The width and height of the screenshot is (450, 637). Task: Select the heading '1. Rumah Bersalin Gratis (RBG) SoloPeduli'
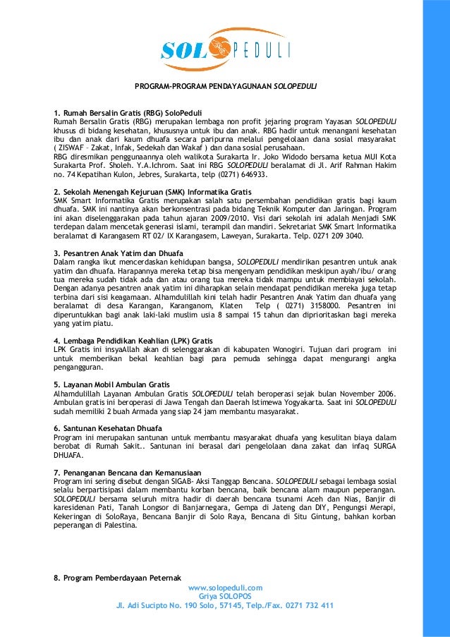pyautogui.click(x=128, y=112)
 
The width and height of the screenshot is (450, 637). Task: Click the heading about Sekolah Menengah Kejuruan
pyautogui.click(x=153, y=191)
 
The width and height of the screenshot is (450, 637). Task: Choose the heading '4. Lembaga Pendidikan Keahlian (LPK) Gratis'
pyautogui.click(x=133, y=340)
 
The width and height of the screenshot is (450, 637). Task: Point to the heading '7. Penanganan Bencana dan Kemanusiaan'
pyautogui.click(x=128, y=471)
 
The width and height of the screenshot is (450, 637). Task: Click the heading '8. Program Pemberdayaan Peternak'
pyautogui.click(x=118, y=578)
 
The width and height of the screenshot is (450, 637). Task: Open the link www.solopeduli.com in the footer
pyautogui.click(x=225, y=587)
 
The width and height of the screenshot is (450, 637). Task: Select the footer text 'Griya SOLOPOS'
pyautogui.click(x=225, y=595)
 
